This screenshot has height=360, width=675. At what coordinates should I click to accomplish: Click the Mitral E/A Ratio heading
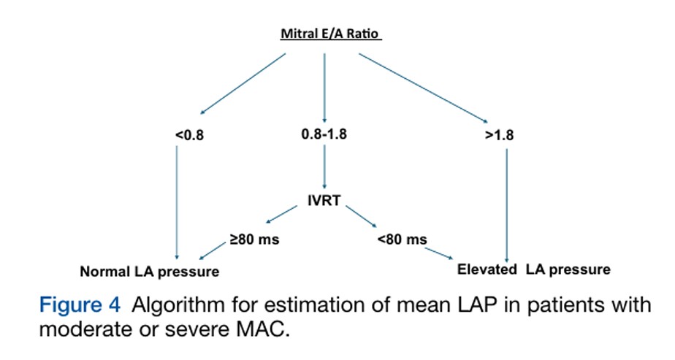331,34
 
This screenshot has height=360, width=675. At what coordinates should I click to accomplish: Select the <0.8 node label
189,135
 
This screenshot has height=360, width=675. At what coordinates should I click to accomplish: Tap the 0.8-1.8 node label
324,134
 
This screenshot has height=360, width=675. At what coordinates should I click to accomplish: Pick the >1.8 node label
499,135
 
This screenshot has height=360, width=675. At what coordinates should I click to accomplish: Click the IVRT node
324,200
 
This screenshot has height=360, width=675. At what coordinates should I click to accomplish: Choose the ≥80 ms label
254,239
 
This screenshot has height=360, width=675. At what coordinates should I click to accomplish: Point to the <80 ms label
402,239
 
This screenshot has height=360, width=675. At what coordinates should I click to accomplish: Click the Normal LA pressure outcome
149,272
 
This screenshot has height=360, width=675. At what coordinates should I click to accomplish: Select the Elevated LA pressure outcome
534,269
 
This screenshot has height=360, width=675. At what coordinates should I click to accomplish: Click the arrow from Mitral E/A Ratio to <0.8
243,84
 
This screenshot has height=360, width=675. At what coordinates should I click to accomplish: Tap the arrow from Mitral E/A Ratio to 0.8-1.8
324,88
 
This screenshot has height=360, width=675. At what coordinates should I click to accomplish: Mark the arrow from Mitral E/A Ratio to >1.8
423,88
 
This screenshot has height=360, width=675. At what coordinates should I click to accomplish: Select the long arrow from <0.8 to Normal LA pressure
177,202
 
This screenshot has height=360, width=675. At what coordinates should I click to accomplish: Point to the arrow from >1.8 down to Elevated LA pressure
507,206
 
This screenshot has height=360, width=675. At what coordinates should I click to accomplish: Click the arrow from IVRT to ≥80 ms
281,215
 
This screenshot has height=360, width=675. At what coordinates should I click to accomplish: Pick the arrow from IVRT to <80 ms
361,216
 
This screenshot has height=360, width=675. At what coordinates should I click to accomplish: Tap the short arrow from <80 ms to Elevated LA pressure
439,254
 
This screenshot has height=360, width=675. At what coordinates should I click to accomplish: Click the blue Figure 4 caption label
80,305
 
